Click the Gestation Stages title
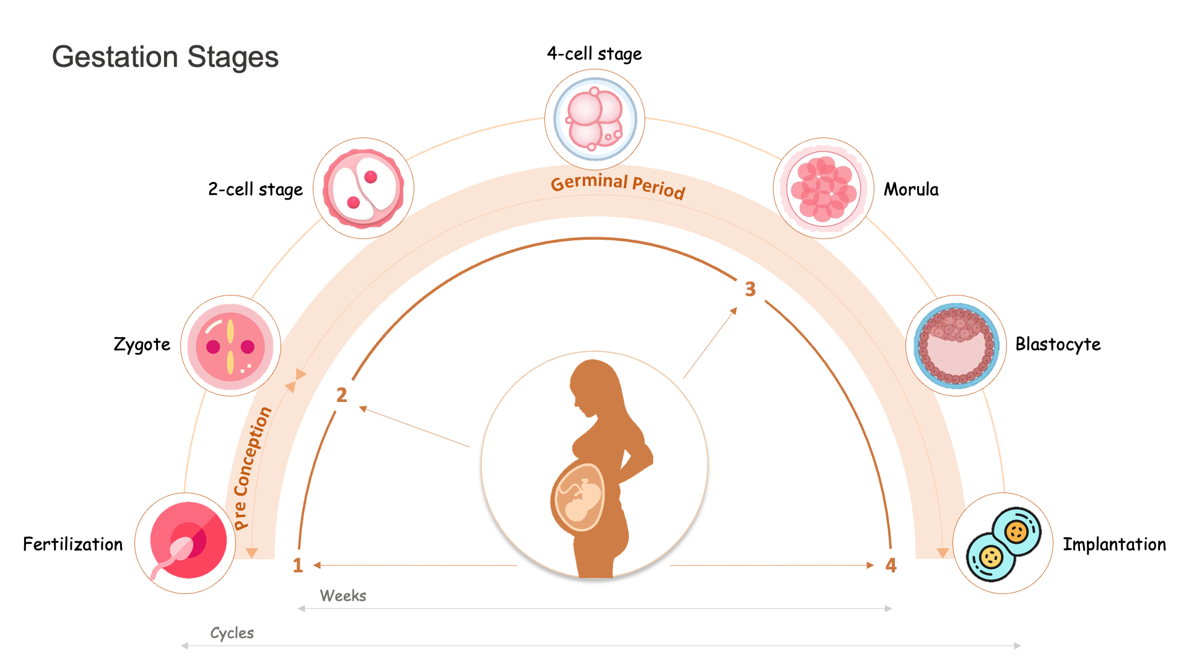165,57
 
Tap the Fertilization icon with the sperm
188,541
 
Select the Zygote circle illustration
230,346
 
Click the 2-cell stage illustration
364,188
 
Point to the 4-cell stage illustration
594,119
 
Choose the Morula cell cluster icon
824,188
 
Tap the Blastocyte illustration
956,346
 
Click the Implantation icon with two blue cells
1003,544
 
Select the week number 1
298,565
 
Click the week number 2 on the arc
342,395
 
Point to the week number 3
751,289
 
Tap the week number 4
891,565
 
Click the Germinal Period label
618,185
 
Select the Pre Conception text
252,468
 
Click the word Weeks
343,596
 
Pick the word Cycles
232,633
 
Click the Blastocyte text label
1058,344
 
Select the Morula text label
911,190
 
